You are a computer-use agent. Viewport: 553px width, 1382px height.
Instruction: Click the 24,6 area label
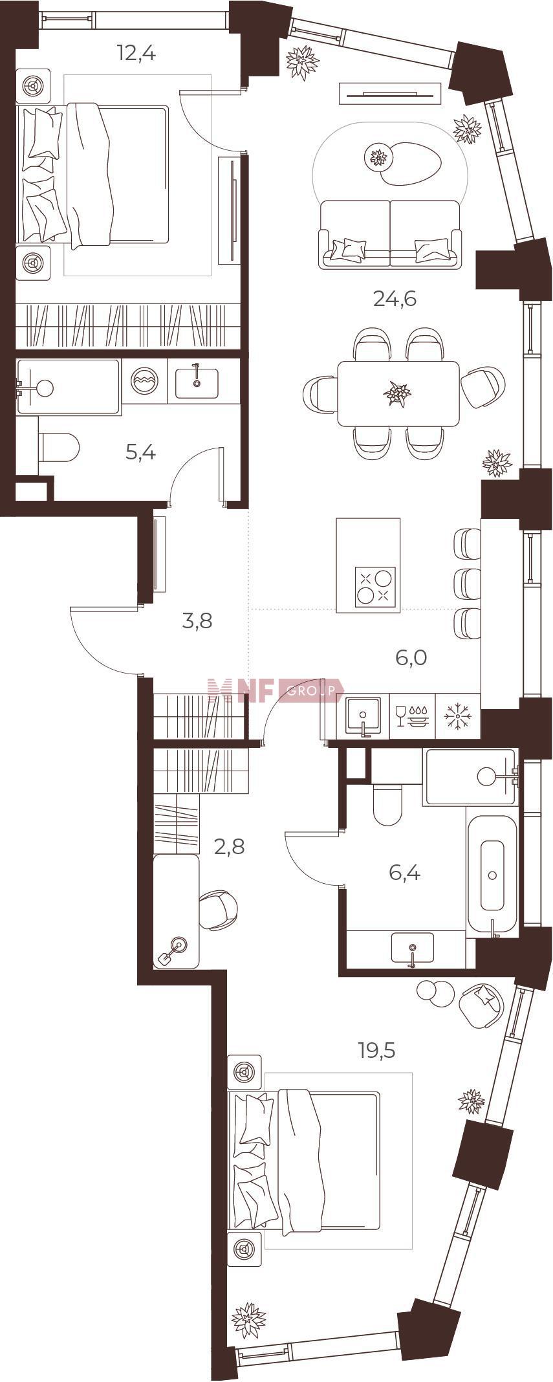click(394, 299)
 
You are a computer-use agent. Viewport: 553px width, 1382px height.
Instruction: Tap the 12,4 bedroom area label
click(136, 53)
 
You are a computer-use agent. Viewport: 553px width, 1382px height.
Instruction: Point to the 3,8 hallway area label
click(198, 621)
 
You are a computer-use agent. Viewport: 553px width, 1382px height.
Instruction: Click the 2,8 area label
click(230, 846)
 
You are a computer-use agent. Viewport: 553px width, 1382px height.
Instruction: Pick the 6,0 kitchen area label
click(411, 658)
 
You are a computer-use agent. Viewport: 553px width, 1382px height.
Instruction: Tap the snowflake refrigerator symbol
click(459, 716)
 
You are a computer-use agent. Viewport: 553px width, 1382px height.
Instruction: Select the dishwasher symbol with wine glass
click(412, 716)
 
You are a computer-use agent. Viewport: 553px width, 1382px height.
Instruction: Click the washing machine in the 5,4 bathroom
click(144, 382)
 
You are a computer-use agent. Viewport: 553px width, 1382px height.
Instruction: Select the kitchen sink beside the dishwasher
click(363, 716)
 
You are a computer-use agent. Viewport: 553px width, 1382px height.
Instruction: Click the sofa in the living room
click(391, 234)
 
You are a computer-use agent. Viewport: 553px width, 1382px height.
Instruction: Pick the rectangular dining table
click(398, 393)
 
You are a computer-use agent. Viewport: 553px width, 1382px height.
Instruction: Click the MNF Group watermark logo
click(276, 690)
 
